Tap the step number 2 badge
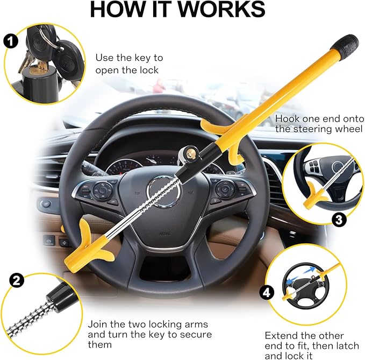tap(17, 280)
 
